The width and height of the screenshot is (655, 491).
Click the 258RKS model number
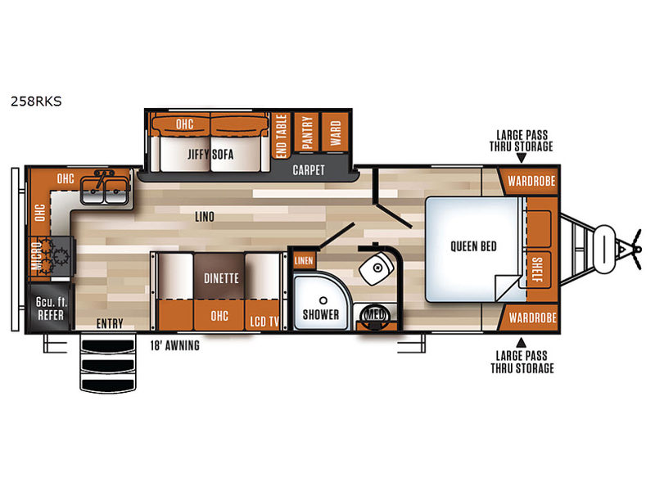(x=36, y=101)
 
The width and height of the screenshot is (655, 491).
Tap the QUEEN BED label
(x=473, y=246)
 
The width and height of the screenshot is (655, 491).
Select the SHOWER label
(x=321, y=314)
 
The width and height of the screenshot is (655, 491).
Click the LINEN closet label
(x=304, y=261)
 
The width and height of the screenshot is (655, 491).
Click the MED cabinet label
(x=375, y=314)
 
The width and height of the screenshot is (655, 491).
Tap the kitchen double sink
(x=105, y=191)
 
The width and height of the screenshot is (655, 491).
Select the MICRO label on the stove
(x=37, y=255)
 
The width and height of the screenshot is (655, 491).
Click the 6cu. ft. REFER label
(x=51, y=309)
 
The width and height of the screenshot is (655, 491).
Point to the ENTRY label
(x=110, y=323)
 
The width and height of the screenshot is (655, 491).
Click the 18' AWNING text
(x=174, y=345)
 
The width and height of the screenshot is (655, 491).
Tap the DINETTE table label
(x=221, y=278)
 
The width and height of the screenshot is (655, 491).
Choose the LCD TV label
(x=264, y=322)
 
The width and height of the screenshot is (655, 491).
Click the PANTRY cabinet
(x=306, y=133)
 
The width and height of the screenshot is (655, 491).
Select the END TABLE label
(x=282, y=136)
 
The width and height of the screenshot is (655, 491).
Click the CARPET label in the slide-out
(x=309, y=170)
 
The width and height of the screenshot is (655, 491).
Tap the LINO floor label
(x=204, y=217)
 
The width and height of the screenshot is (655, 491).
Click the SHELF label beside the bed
(x=537, y=270)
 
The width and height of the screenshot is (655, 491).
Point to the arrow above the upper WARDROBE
(x=521, y=158)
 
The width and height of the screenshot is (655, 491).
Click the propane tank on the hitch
(x=605, y=250)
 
